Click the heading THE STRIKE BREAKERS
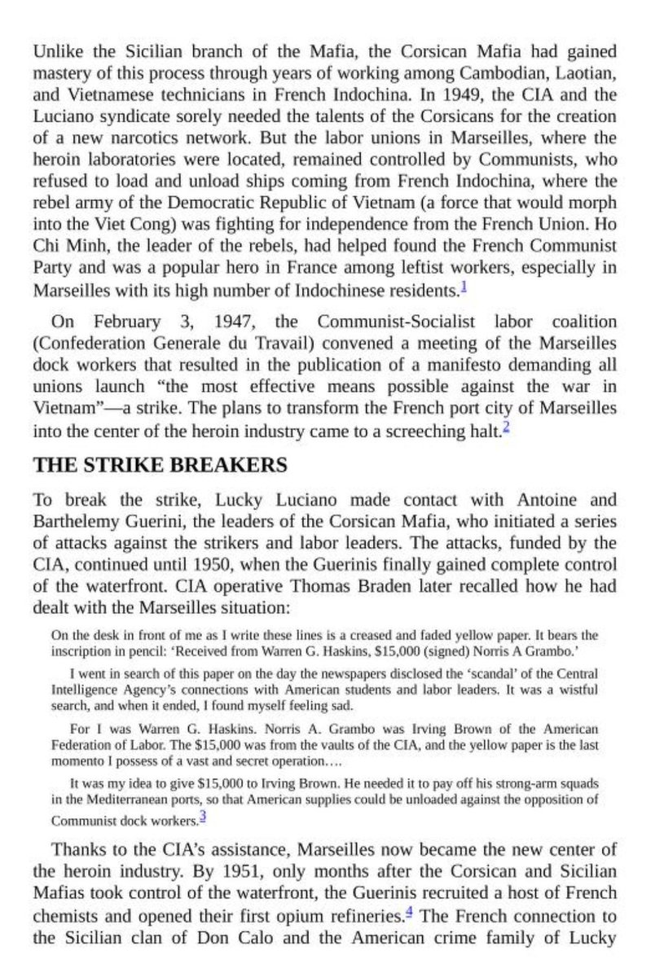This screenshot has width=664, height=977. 160,466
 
